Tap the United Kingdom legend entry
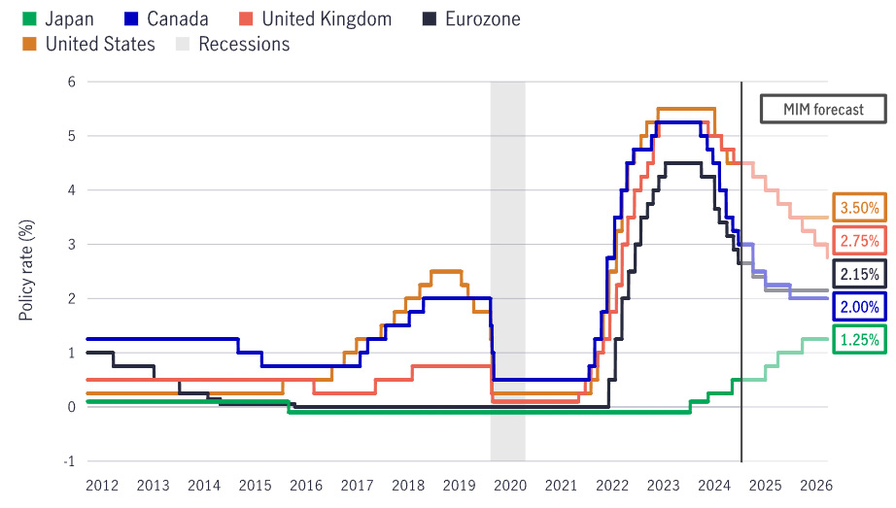(315, 18)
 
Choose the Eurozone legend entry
(472, 18)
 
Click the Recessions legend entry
(231, 44)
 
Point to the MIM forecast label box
(823, 109)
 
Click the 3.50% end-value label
(859, 208)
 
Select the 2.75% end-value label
(859, 241)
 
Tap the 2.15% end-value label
(859, 275)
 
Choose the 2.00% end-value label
(859, 307)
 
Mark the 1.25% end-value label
(859, 340)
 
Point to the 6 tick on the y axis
(71, 82)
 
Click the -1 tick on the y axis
(69, 461)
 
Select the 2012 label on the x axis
(102, 484)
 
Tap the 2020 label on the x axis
(508, 484)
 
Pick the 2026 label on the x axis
(814, 484)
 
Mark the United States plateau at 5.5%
(686, 109)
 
